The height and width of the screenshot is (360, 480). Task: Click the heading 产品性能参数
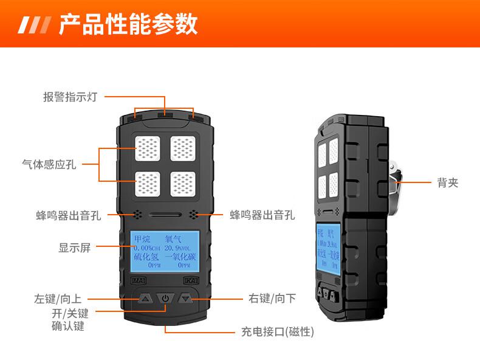tap(128, 25)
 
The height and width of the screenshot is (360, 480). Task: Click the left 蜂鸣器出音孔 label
tap(68, 215)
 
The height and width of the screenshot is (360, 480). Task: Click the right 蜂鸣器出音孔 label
tap(262, 215)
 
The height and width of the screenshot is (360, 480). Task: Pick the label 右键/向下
tap(273, 299)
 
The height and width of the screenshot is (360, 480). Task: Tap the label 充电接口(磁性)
tap(277, 333)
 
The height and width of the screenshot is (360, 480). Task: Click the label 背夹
tap(447, 182)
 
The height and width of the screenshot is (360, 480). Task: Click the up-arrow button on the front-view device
tap(145, 298)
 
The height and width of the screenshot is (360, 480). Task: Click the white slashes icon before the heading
tap(35, 26)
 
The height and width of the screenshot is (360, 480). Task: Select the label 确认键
tap(68, 327)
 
